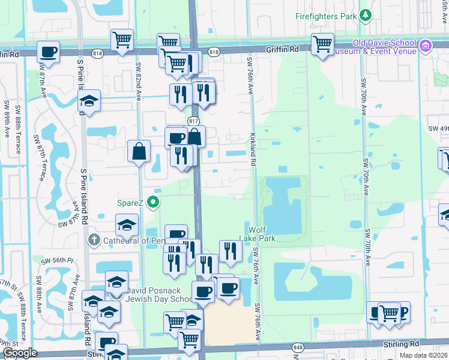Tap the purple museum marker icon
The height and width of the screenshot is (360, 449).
click(x=426, y=46)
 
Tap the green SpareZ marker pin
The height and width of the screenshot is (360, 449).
click(x=154, y=202)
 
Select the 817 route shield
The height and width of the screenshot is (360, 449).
click(x=193, y=121)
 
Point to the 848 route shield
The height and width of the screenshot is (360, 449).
click(x=298, y=346)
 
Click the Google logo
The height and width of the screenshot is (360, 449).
click(x=20, y=353)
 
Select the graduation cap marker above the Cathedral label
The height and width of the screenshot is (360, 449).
click(x=127, y=225)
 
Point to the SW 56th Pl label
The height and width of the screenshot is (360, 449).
click(x=57, y=261)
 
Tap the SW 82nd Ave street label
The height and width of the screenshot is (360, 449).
click(x=138, y=81)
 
